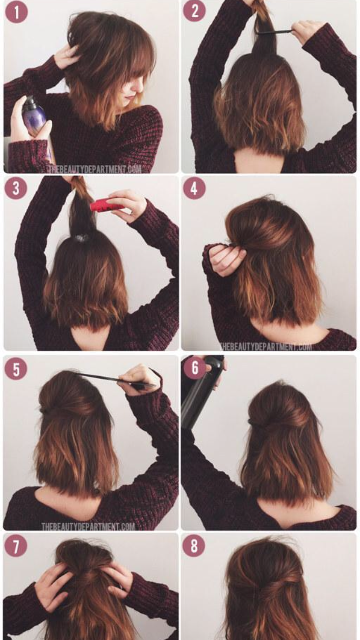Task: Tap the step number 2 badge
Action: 195,11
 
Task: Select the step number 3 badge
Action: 16,189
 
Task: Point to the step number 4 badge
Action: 194,189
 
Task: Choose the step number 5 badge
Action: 16,369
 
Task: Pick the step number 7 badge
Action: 16,545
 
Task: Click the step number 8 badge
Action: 194,545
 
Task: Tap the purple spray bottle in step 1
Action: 35,114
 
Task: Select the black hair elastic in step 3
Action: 81,237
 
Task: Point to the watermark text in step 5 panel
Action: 88,526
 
